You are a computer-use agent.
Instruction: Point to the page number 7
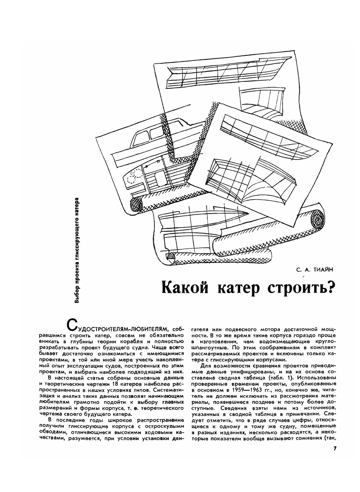point(334,448)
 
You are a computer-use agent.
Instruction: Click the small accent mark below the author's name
point(304,276)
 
